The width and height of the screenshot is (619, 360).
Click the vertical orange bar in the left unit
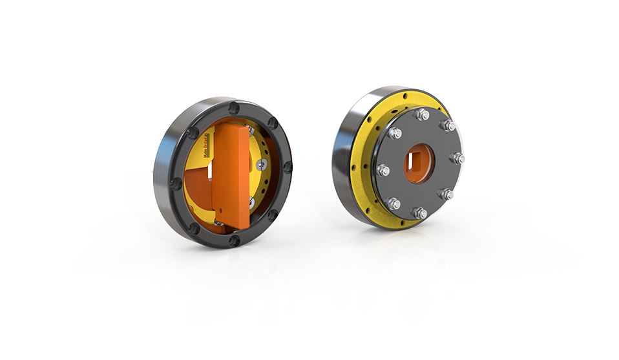231,175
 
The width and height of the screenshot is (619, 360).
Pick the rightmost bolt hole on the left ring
287,167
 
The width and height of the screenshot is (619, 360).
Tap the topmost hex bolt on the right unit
423,114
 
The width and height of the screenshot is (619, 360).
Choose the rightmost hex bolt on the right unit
458,158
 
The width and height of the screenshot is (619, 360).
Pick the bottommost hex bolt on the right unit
418,212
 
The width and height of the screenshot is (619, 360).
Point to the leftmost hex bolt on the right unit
382,171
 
